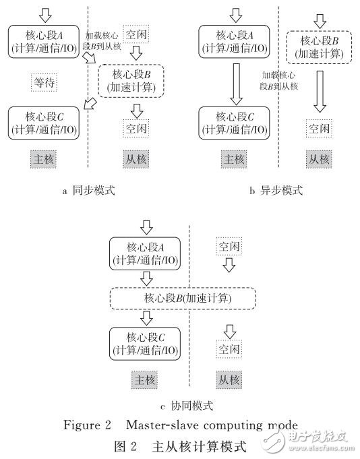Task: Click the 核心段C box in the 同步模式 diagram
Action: point(45,122)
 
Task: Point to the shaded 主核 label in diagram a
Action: point(44,159)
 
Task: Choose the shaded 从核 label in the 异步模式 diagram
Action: point(318,160)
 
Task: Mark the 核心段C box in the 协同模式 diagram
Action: point(144,342)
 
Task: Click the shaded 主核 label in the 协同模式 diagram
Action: point(143,380)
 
